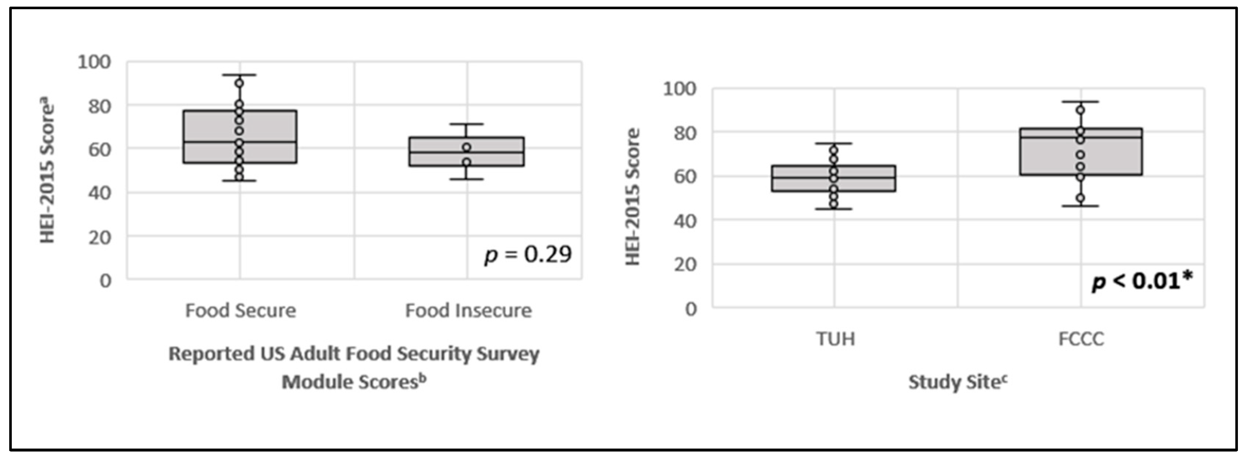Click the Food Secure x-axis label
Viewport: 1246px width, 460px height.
[x=241, y=310]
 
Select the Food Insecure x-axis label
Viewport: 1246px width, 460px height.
[x=468, y=310]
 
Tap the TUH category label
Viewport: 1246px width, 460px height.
[x=835, y=339]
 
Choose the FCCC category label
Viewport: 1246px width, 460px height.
[x=1081, y=339]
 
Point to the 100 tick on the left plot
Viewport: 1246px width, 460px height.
[x=94, y=62]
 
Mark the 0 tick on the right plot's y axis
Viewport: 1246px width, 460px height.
[x=691, y=308]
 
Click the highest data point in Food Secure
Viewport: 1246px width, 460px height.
[x=239, y=83]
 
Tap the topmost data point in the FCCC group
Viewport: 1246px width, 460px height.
[x=1080, y=110]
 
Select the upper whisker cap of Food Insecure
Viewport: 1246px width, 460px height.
[x=467, y=124]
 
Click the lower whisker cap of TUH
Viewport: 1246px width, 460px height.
[x=833, y=209]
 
